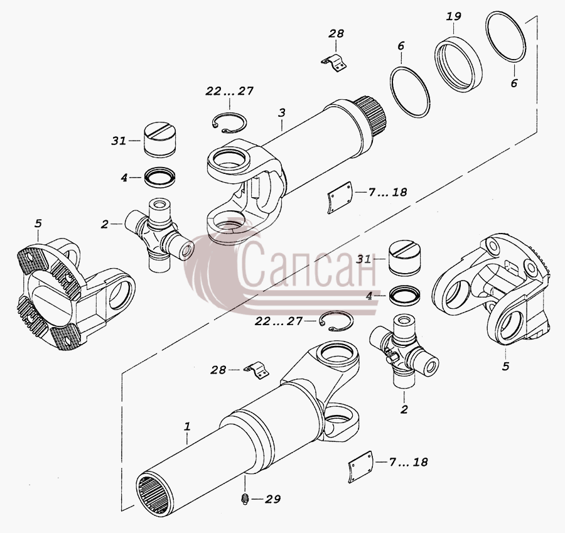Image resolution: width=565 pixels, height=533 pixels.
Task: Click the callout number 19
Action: tap(454, 16)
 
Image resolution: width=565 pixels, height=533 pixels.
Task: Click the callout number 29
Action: tap(273, 499)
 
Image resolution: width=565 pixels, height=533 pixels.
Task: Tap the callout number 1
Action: tap(187, 427)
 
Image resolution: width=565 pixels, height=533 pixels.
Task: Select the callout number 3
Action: tap(282, 112)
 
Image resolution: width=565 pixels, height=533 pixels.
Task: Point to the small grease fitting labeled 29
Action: tap(245, 499)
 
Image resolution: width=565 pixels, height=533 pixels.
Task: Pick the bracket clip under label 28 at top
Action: tap(334, 63)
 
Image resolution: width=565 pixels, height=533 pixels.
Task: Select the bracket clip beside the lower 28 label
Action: tap(257, 371)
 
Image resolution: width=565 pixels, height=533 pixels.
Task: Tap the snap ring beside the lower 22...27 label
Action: tap(336, 321)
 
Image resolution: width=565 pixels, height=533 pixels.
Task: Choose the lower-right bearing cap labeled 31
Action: tap(403, 259)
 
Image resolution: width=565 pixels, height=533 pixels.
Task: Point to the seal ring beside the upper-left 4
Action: tap(159, 177)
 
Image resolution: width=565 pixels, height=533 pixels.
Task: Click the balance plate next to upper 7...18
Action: tap(340, 198)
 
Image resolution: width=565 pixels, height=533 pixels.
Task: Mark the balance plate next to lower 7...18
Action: tap(360, 466)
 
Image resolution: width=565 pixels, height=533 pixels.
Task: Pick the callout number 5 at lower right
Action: tap(505, 366)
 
